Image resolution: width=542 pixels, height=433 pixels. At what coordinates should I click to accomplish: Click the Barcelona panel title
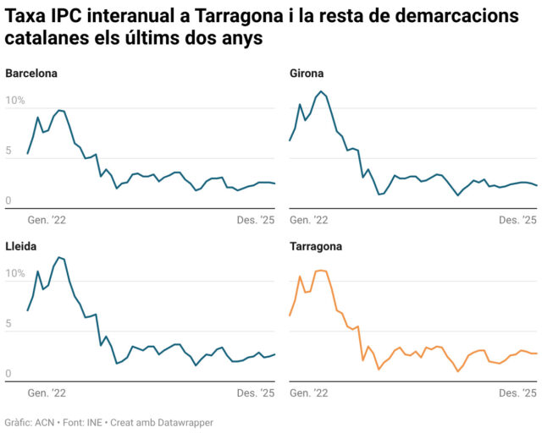(31, 74)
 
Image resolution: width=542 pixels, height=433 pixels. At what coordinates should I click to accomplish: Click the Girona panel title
(307, 74)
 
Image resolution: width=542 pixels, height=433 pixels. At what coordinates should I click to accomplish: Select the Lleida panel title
(21, 247)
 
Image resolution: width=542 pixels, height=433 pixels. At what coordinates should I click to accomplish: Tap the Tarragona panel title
(316, 247)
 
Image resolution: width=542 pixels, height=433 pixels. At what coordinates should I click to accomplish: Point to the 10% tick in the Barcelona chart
(15, 101)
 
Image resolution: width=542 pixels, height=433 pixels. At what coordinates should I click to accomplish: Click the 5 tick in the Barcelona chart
(8, 151)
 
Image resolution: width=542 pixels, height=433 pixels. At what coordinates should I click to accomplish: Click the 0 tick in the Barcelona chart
(8, 201)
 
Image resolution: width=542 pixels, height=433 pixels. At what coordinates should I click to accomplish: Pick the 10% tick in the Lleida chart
(15, 274)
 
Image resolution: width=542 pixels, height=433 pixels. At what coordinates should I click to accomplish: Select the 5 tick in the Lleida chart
(8, 324)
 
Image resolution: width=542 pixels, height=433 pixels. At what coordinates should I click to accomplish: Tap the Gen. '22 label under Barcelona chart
(47, 220)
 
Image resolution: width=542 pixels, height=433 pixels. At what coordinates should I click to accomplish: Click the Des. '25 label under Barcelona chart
(256, 220)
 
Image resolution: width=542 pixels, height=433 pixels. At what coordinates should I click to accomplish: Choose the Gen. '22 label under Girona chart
(309, 220)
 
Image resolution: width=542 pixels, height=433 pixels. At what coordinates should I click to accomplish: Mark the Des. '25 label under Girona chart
(518, 220)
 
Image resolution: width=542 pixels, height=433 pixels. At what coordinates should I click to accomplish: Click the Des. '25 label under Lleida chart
(256, 393)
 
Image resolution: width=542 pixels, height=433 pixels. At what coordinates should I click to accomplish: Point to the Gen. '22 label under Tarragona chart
(309, 393)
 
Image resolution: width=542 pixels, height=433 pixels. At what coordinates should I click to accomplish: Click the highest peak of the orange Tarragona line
(320, 271)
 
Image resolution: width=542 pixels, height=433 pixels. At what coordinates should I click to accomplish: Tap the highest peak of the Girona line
(320, 91)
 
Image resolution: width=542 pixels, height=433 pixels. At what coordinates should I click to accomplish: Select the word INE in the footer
(93, 422)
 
